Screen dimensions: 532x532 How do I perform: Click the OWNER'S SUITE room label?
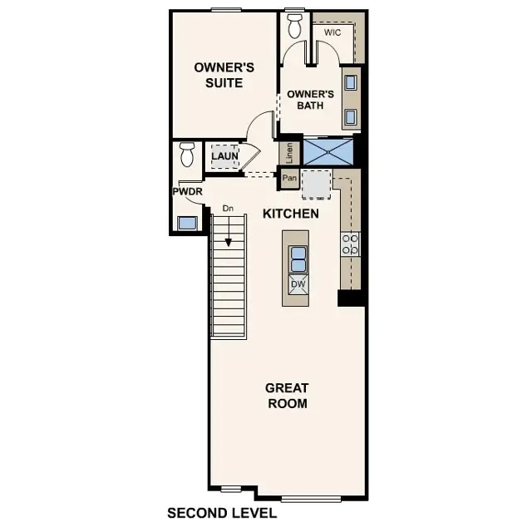pyautogui.click(x=218, y=75)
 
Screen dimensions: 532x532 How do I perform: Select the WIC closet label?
pyautogui.click(x=332, y=32)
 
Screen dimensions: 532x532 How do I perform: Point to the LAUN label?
pyautogui.click(x=224, y=155)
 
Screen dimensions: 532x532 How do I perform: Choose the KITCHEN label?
pyautogui.click(x=291, y=214)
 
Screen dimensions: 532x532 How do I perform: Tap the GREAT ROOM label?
pyautogui.click(x=287, y=396)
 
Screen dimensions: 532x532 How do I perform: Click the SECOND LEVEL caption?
pyautogui.click(x=221, y=514)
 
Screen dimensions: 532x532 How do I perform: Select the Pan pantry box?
pyautogui.click(x=289, y=177)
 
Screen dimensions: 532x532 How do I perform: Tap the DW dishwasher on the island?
pyautogui.click(x=298, y=285)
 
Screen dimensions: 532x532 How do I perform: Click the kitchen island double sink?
pyautogui.click(x=298, y=259)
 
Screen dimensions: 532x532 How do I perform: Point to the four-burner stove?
pyautogui.click(x=350, y=243)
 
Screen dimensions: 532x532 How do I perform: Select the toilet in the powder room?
pyautogui.click(x=186, y=155)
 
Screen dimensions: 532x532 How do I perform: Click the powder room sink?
pyautogui.click(x=188, y=222)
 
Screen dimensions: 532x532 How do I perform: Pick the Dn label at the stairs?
pyautogui.click(x=228, y=208)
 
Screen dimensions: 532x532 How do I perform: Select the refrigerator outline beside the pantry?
pyautogui.click(x=316, y=185)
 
